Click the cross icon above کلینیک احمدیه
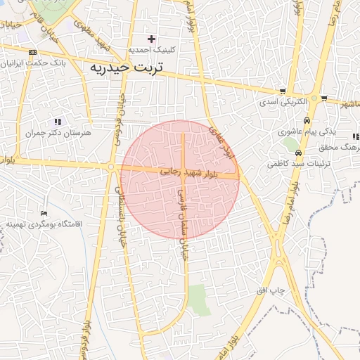coord(151,39)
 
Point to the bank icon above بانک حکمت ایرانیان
coord(32,52)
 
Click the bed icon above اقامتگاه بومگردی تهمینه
coord(44,213)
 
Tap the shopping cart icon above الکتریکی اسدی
coord(282,91)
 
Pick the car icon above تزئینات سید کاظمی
coord(298,153)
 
